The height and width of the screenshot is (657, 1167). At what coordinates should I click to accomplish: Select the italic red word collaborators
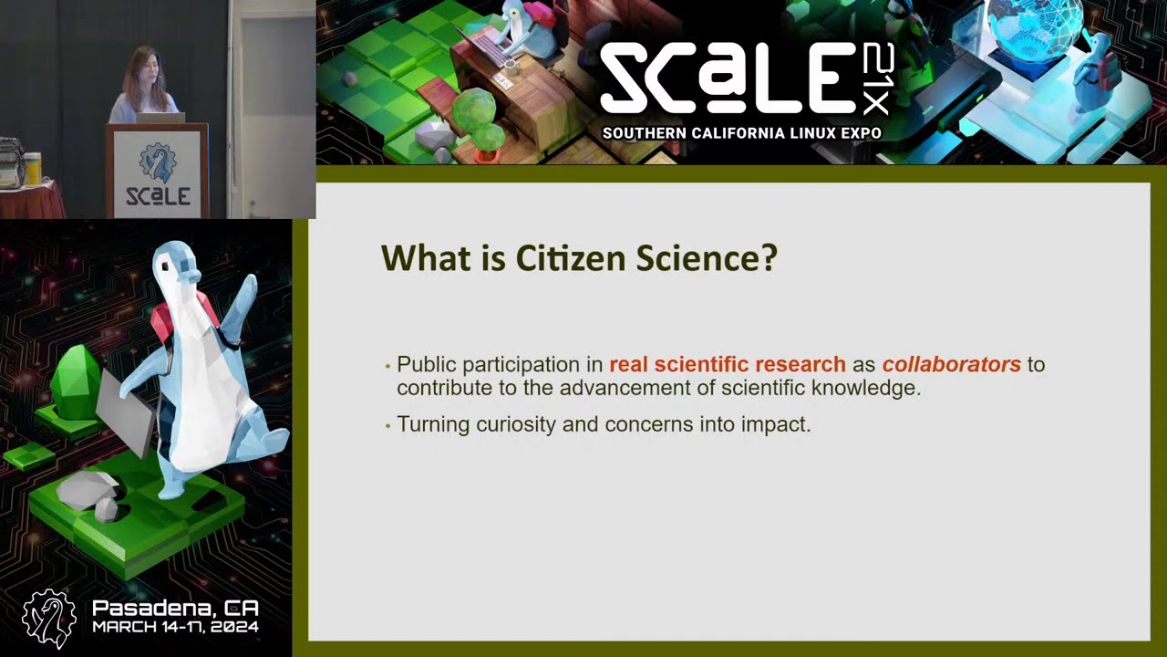[951, 364]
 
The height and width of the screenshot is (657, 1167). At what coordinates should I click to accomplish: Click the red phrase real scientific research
[727, 364]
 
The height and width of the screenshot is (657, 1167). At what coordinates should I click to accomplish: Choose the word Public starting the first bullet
[427, 364]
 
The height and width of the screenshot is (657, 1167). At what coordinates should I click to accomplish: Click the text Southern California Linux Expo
[741, 133]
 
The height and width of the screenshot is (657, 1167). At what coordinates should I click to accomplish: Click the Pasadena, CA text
[175, 608]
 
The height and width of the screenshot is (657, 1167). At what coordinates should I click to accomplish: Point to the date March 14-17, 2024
[175, 628]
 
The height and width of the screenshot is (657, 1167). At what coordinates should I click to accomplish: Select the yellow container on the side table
[33, 169]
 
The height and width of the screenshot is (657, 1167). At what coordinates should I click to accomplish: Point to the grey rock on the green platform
[88, 491]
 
